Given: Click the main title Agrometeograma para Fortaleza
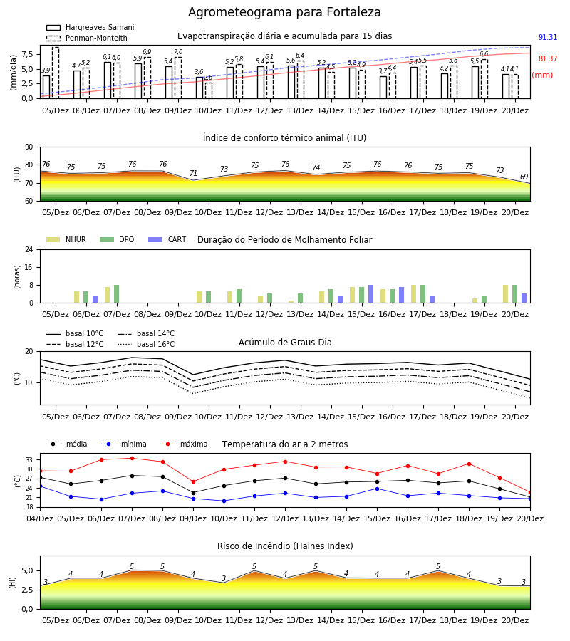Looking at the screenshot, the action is click(284, 12).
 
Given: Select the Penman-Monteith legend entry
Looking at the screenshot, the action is click(87, 38).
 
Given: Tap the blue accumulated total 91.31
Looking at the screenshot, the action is click(548, 37).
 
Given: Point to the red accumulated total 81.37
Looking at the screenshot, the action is click(548, 58).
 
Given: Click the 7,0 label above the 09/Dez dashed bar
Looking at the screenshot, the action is click(178, 52).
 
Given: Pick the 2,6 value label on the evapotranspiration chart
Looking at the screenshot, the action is click(208, 78).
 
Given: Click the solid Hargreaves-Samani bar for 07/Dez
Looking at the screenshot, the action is click(108, 80).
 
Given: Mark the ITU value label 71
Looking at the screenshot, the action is click(193, 173).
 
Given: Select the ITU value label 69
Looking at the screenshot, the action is click(524, 177).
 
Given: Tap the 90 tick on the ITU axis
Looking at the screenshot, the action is click(29, 147).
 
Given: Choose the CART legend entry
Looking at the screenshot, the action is click(167, 239).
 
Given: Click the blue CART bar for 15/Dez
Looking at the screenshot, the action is click(371, 294).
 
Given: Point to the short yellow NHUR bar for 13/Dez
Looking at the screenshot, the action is click(291, 302).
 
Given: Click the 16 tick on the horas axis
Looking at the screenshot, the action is click(29, 267).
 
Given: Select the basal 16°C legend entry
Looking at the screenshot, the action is click(146, 344).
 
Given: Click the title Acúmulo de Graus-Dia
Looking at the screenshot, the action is click(285, 343).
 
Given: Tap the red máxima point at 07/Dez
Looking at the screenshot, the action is click(132, 458).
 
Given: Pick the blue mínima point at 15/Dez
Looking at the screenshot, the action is click(377, 489).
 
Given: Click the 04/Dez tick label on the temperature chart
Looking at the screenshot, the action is click(40, 518).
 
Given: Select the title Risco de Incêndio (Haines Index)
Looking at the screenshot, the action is click(285, 546).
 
